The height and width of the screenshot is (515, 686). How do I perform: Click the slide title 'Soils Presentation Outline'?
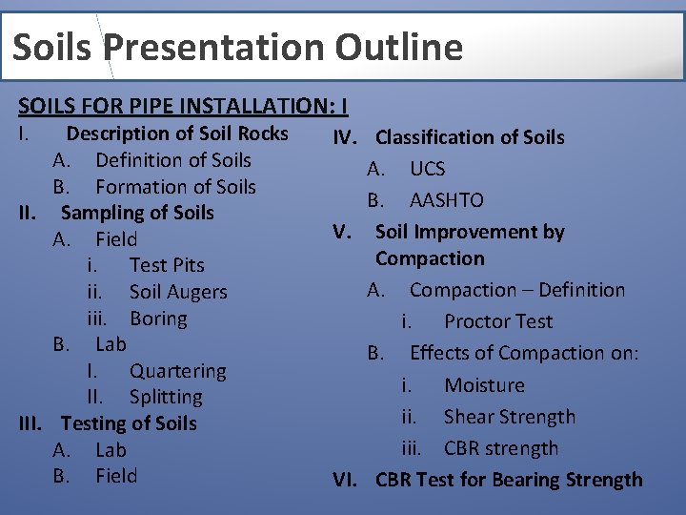[x=238, y=47]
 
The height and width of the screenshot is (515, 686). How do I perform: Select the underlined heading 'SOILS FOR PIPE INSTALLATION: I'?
[x=183, y=105]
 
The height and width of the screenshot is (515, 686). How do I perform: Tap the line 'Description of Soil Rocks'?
[x=176, y=134]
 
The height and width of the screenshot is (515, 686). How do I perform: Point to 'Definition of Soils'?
[x=172, y=160]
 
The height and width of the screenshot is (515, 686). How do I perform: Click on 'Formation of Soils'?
[x=175, y=187]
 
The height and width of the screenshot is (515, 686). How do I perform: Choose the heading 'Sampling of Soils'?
[x=137, y=213]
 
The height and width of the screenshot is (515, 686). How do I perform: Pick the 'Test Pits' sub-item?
[x=167, y=265]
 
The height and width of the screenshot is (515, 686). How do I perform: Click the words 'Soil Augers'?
[x=178, y=292]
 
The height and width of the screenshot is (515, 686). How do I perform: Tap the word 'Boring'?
[x=158, y=319]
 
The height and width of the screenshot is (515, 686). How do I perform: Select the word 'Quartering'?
[x=178, y=371]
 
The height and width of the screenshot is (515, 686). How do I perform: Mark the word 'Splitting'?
[x=166, y=397]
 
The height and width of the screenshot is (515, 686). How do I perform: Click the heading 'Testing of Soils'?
[x=129, y=423]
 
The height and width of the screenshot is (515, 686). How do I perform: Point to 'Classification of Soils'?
[x=470, y=137]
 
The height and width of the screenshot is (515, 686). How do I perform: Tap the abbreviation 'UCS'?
[x=427, y=169]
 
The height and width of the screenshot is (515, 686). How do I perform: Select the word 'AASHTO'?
[x=446, y=200]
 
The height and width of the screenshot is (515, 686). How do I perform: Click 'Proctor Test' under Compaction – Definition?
[x=497, y=321]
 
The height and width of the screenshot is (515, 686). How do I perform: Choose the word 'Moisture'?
[x=484, y=385]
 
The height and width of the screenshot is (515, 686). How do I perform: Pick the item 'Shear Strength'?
[x=509, y=417]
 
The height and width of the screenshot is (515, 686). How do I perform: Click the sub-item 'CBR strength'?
[x=501, y=448]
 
